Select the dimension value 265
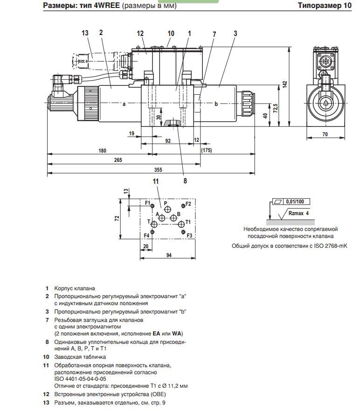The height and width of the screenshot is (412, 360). [x=118, y=160]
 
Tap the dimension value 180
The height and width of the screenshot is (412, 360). [x=102, y=150]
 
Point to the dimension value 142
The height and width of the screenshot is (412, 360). [x=284, y=84]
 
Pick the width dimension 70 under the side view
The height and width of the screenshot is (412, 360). [x=325, y=134]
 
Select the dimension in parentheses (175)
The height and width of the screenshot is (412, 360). [x=206, y=150]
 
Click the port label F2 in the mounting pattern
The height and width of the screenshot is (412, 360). [x=188, y=204]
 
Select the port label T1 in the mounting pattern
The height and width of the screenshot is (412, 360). [x=188, y=222]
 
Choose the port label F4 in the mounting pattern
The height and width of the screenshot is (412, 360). [x=146, y=235]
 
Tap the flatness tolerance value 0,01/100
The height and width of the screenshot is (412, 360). [x=295, y=201]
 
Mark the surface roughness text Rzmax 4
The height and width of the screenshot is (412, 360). [x=298, y=213]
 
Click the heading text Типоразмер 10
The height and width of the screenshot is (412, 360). [x=324, y=6]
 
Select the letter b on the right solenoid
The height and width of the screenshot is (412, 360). [x=216, y=104]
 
